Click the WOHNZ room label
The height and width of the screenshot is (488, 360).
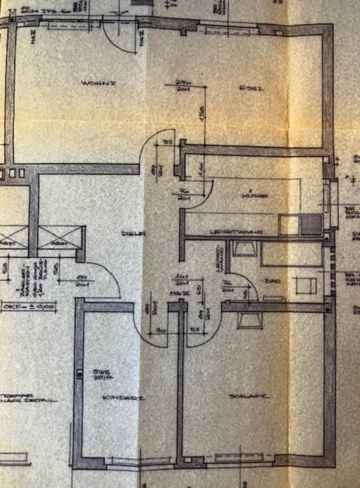pos(92,82)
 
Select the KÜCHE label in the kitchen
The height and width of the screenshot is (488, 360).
pos(255,195)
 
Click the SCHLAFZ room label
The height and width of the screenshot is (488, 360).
pos(256,396)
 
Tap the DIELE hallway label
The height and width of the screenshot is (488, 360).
pos(134,233)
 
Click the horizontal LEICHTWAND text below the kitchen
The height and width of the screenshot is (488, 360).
pos(236,232)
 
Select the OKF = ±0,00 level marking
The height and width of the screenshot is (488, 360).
pos(28,307)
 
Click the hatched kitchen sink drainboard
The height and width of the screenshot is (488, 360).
pos(311,224)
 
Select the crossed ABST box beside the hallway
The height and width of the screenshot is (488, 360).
pos(60,237)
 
